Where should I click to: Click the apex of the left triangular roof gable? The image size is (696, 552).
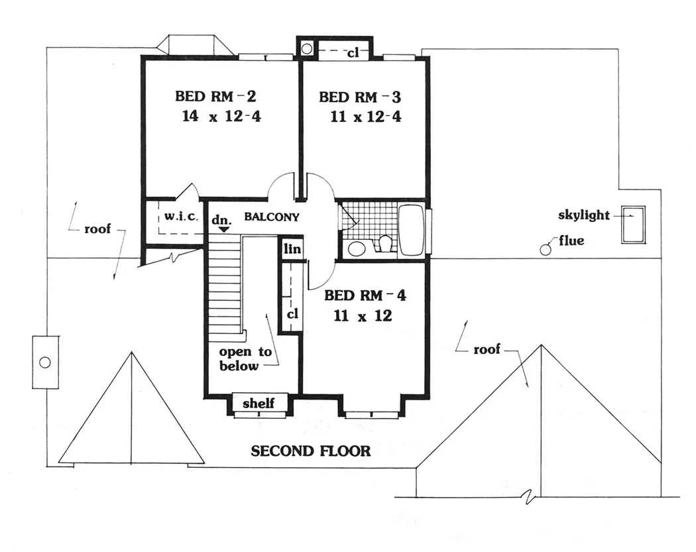131,352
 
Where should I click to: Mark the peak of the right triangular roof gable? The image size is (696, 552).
541,345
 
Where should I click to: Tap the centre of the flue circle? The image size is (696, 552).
545,250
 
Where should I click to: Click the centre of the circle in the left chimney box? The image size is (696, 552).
45,362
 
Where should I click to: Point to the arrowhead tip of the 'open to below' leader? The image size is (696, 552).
266,314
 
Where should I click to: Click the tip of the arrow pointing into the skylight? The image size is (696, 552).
633,215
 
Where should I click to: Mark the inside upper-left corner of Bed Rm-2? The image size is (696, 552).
146,61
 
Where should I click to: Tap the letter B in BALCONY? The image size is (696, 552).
248,217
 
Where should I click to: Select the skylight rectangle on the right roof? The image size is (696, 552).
633,225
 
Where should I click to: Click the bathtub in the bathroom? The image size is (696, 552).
412,230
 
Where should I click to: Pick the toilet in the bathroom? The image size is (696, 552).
385,244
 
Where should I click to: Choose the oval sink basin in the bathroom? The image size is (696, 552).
356,248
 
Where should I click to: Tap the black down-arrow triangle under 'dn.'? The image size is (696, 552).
224,229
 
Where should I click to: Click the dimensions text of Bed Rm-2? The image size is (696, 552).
221,116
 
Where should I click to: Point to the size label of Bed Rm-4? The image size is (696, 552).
363,315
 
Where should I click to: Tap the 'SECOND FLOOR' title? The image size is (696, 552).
311,451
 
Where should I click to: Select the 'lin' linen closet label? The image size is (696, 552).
292,249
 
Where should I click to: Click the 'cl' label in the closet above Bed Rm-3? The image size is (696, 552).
353,53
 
